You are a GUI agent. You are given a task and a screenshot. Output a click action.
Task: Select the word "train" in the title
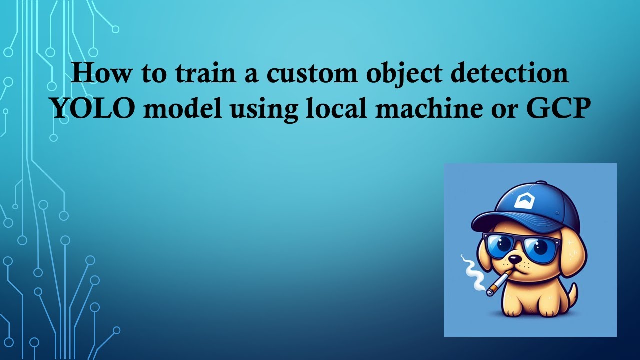(x=205, y=73)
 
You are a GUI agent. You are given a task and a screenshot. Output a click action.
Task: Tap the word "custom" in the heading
(x=312, y=74)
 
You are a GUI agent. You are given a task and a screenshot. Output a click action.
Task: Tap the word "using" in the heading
(x=264, y=111)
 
